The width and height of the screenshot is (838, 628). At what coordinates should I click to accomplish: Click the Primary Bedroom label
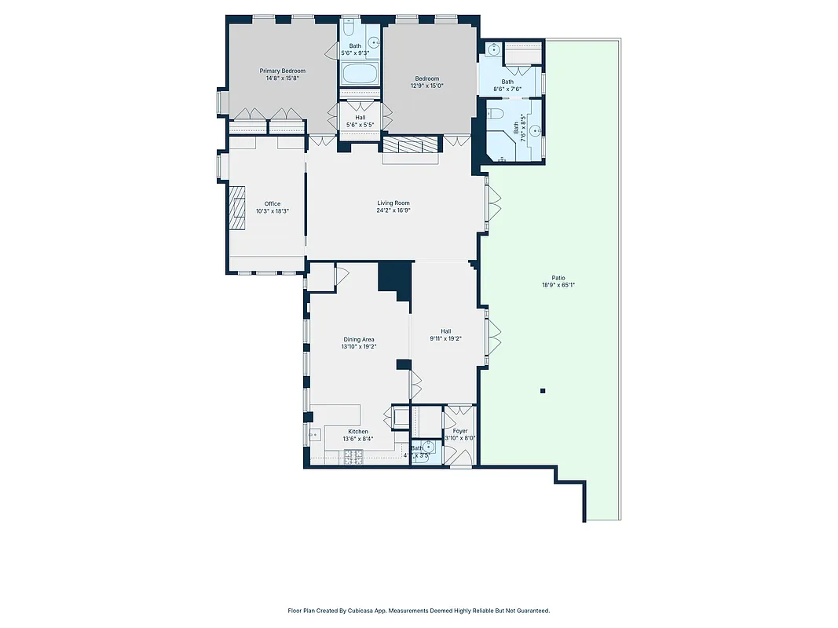[282, 71]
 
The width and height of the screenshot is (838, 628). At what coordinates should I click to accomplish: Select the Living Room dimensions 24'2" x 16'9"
[393, 210]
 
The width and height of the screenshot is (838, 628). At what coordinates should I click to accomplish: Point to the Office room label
[272, 204]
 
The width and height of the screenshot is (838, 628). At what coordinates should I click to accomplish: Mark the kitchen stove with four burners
[349, 456]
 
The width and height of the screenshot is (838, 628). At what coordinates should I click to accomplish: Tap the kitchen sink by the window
[314, 434]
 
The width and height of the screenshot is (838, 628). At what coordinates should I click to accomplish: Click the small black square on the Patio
[542, 390]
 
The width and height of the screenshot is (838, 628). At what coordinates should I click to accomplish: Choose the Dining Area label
[358, 339]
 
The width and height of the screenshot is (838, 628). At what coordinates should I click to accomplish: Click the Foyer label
[460, 431]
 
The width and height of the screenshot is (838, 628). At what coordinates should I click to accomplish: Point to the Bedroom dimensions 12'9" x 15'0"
[426, 86]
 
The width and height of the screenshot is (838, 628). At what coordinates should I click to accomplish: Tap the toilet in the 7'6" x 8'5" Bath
[496, 115]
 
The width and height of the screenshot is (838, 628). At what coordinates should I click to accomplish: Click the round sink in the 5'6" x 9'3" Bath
[374, 42]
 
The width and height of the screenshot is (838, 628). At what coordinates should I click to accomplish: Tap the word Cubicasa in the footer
[362, 610]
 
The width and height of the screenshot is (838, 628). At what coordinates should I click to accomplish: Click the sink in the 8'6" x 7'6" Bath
[492, 49]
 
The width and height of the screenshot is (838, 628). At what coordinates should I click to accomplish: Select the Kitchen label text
[358, 432]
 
